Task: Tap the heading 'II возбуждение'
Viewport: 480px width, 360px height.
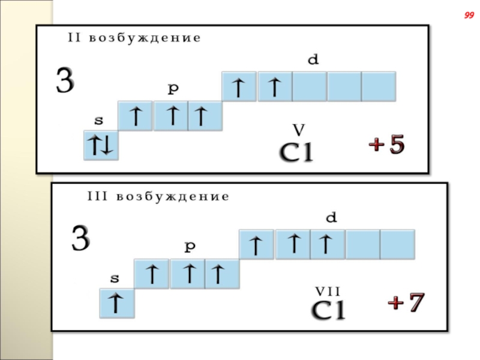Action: click(x=133, y=38)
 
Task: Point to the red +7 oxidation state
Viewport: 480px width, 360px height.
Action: click(x=406, y=303)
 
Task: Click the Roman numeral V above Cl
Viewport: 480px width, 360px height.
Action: click(x=298, y=130)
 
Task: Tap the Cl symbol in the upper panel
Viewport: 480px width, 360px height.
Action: click(x=298, y=154)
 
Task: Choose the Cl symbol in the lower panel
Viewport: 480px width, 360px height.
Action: click(x=328, y=311)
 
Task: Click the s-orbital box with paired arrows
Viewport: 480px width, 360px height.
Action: click(x=101, y=145)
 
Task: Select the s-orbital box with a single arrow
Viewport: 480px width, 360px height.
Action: click(x=117, y=303)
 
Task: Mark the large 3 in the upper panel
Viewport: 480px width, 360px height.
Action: click(x=65, y=82)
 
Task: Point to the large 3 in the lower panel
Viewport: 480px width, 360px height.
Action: click(x=80, y=239)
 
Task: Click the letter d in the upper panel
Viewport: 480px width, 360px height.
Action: click(x=312, y=60)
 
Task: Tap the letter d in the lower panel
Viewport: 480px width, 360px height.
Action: click(x=331, y=218)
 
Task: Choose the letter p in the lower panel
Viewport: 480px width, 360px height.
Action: click(x=190, y=246)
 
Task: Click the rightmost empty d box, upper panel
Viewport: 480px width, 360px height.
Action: click(x=379, y=86)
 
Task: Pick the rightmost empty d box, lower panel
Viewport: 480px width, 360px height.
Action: click(x=397, y=244)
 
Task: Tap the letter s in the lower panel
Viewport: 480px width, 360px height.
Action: click(x=114, y=278)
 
